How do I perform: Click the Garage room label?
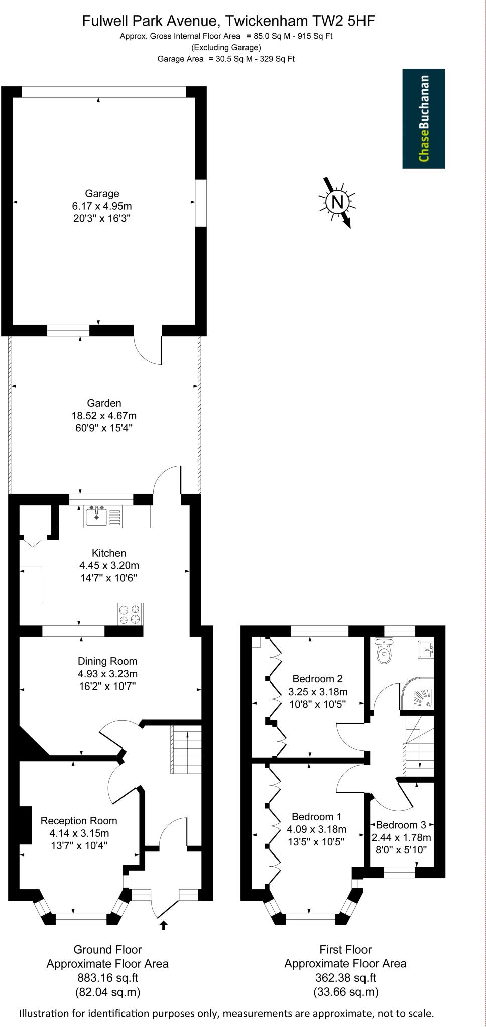coord(102,193)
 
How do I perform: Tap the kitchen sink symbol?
coord(97,516)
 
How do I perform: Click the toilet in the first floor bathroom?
coord(384,652)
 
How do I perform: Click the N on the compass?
coord(338,202)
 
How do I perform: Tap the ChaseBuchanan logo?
coord(424,119)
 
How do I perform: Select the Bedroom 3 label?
coord(401,825)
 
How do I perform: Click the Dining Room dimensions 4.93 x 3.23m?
coord(107,674)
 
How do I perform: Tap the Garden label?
coord(104,403)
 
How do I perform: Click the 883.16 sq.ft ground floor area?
coord(107,978)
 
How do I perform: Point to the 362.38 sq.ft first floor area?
coord(345,978)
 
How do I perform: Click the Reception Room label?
coord(79,821)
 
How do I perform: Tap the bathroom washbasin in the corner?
coord(425,650)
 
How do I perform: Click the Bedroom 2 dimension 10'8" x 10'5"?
coord(317,704)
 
